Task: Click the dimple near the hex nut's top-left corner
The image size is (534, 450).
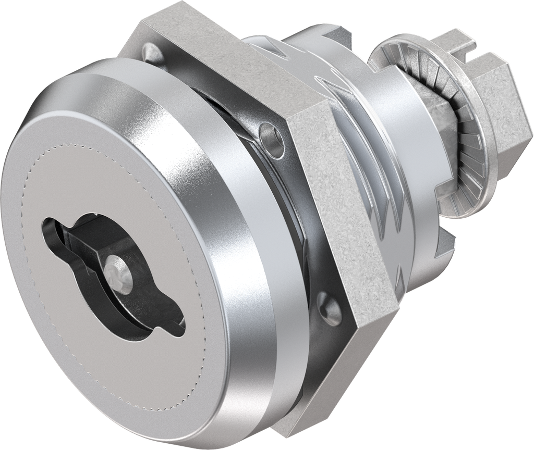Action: coord(150,51)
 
